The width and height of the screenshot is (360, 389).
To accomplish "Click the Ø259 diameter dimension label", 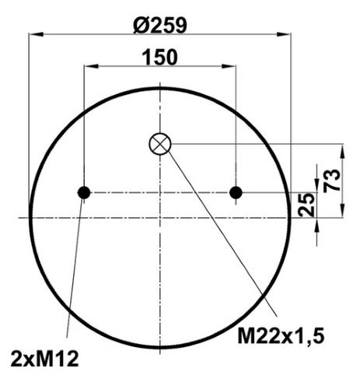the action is [x=160, y=26].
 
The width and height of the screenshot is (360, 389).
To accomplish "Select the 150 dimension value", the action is [x=160, y=58].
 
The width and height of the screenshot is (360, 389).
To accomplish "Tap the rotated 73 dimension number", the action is [x=332, y=180].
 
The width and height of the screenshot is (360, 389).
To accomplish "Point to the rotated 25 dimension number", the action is [x=306, y=205].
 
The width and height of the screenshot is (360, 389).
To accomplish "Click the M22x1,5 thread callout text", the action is [x=281, y=336].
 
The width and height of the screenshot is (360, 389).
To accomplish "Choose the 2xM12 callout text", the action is [x=44, y=359].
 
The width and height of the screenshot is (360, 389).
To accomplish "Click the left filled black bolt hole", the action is [x=84, y=193].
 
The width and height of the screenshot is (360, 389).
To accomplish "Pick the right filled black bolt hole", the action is [x=236, y=193].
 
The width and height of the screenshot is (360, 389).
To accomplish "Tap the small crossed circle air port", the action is [x=160, y=144].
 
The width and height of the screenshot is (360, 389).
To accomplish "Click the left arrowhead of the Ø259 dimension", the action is [x=36, y=34].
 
